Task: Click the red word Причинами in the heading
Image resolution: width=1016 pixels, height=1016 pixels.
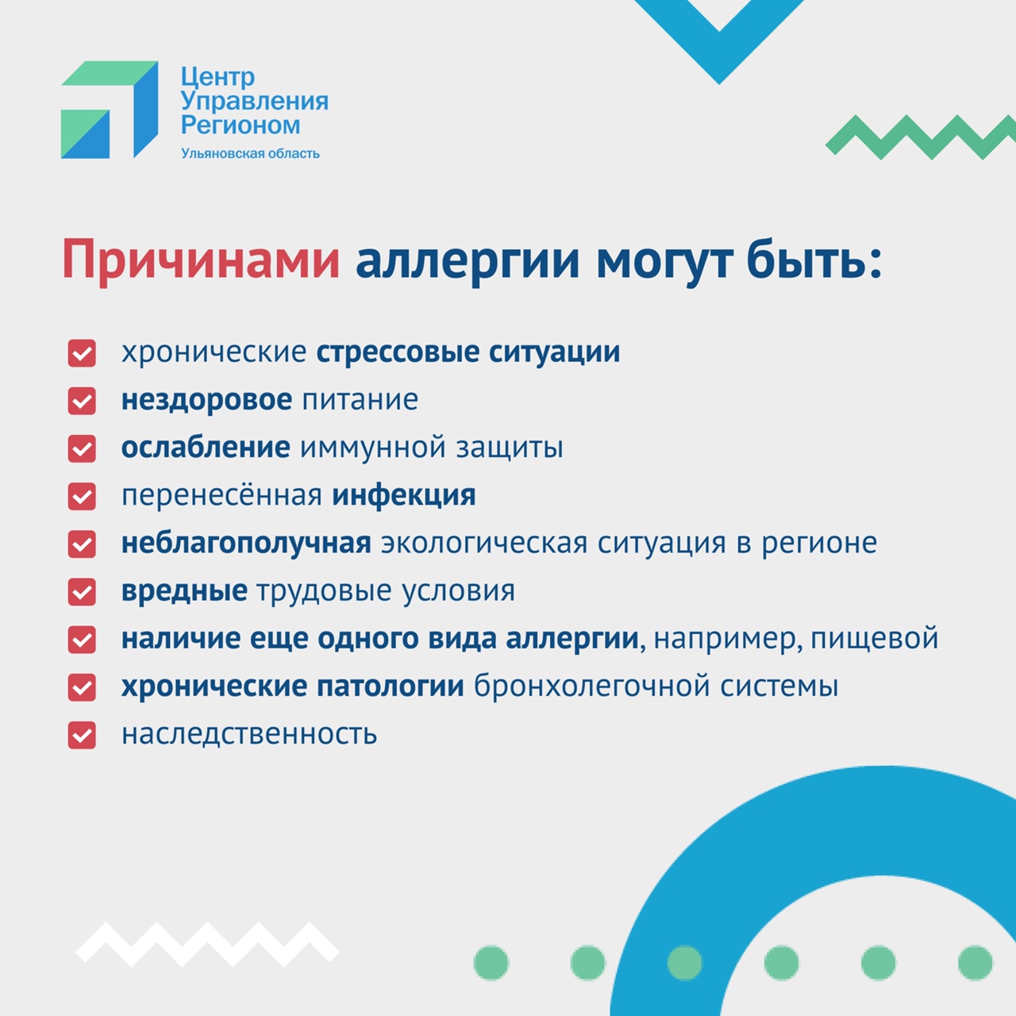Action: [201, 260]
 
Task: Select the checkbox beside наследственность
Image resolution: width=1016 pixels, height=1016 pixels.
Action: [82, 735]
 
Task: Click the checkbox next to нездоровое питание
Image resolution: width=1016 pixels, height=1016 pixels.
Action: [82, 401]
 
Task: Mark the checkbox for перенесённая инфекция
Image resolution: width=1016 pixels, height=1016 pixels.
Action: [82, 496]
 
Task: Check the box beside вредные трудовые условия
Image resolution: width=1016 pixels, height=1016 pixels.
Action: [82, 591]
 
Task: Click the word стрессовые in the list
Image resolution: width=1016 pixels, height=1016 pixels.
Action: [398, 352]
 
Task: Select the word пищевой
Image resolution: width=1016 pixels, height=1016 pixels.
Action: [874, 639]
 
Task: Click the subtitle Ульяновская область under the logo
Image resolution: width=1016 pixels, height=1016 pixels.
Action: [251, 153]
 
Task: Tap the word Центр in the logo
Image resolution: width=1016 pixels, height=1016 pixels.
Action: [217, 78]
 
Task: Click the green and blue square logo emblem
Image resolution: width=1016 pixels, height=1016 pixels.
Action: [109, 110]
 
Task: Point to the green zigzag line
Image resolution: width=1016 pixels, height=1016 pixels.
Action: [921, 137]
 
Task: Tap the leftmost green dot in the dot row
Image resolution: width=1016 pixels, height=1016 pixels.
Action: [491, 963]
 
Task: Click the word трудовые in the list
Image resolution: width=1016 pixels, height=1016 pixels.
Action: [325, 591]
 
